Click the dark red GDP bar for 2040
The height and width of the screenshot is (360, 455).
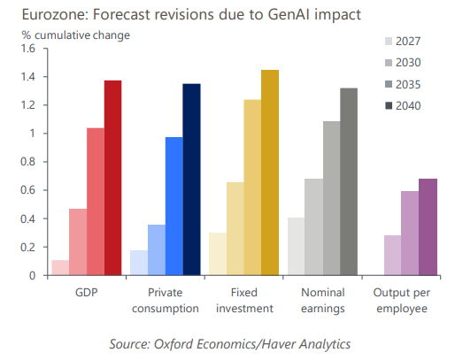(113, 178)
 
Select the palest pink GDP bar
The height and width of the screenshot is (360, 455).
(60, 268)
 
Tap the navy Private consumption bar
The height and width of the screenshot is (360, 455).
(192, 180)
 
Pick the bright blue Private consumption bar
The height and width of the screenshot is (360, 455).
(174, 206)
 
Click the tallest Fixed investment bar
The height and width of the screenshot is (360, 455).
(270, 172)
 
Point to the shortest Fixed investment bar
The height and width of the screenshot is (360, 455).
(218, 254)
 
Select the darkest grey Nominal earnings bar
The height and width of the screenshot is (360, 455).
(349, 181)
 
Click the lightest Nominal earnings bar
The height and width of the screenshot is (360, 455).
(297, 247)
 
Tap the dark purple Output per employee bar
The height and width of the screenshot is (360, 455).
(428, 227)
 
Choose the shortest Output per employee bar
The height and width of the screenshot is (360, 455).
(393, 256)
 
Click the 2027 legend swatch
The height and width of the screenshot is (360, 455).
(389, 42)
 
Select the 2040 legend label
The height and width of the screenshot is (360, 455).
(408, 106)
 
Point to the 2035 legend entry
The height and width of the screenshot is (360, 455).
(403, 85)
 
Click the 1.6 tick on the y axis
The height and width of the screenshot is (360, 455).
(27, 48)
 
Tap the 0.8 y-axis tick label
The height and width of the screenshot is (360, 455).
(27, 162)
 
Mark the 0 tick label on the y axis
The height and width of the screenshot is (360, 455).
(32, 276)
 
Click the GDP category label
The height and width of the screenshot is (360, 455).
(87, 293)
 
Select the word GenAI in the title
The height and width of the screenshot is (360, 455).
(289, 14)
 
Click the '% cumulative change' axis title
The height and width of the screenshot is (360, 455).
(76, 35)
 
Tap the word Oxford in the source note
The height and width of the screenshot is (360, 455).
(173, 344)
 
